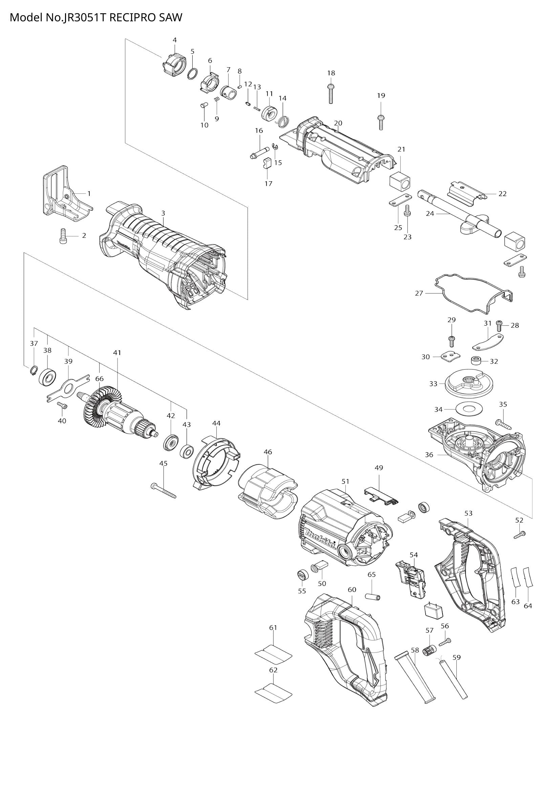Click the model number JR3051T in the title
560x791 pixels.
click(x=83, y=17)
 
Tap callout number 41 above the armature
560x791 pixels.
click(x=117, y=353)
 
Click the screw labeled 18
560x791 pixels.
click(x=330, y=93)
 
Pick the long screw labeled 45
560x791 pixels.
click(x=164, y=491)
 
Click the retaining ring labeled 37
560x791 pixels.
click(x=33, y=371)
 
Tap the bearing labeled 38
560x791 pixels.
click(x=48, y=378)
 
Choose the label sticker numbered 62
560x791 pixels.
click(x=273, y=696)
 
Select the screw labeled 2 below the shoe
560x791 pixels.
click(x=63, y=236)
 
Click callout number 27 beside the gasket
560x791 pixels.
click(x=418, y=293)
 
